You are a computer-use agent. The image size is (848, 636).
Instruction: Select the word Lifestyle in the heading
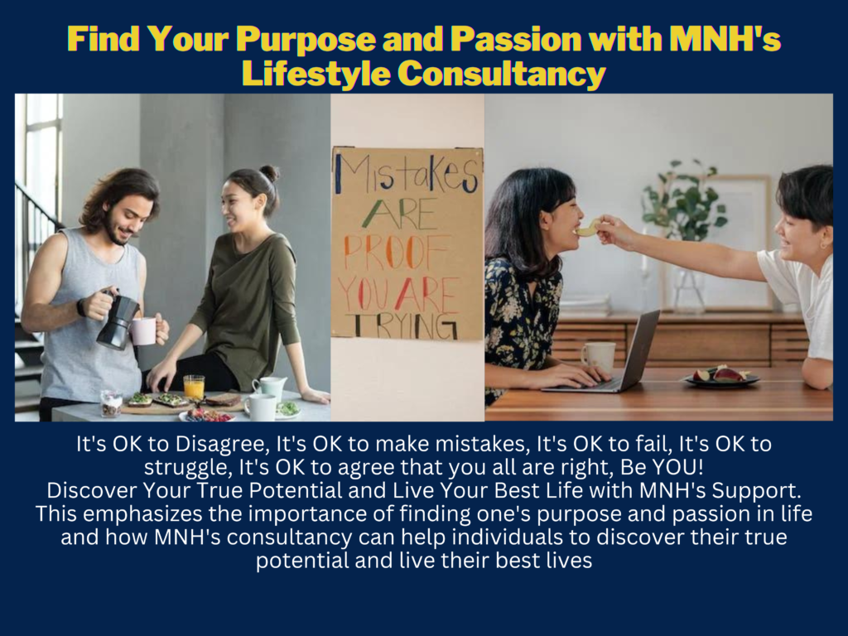(x=316, y=73)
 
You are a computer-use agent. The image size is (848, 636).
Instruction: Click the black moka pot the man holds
(x=117, y=319)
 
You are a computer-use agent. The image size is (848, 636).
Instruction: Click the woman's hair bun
(x=269, y=173)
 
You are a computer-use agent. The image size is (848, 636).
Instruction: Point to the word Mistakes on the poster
(x=406, y=174)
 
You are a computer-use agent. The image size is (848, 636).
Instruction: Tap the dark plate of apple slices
(x=722, y=377)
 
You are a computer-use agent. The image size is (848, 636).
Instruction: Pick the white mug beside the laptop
(x=598, y=356)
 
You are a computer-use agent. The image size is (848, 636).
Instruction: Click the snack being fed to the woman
(x=588, y=229)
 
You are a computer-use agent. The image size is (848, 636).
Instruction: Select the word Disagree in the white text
(x=222, y=445)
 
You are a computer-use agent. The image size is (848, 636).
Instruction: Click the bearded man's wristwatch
(x=82, y=307)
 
